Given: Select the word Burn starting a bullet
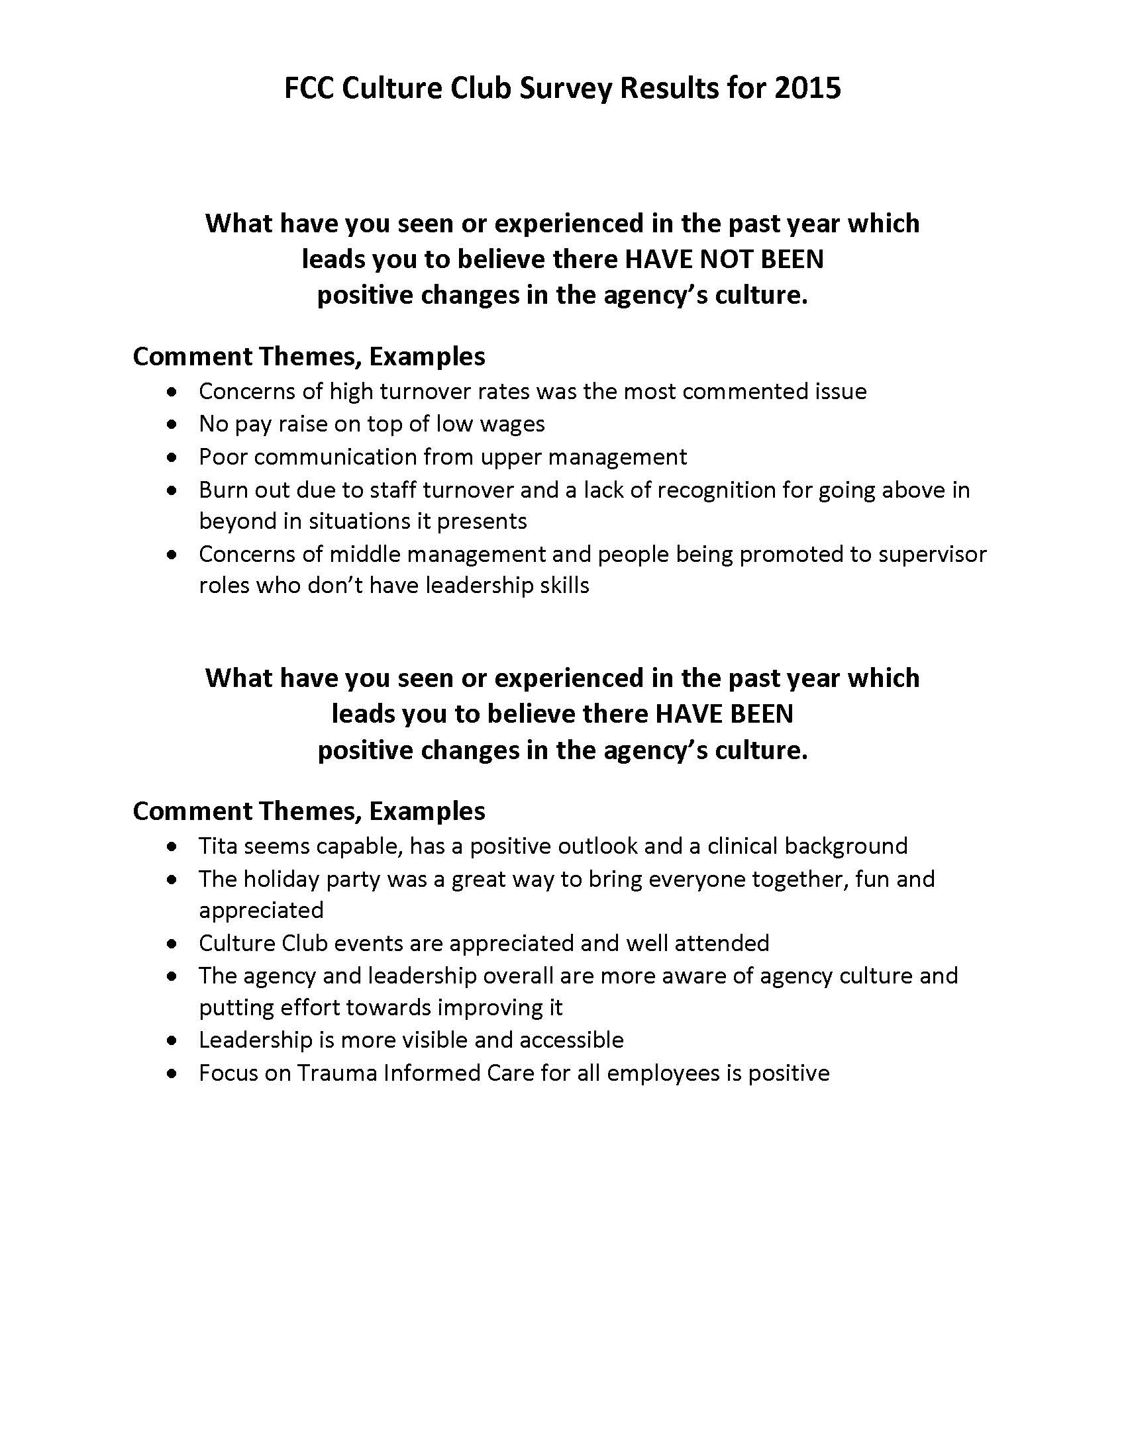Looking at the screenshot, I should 223,490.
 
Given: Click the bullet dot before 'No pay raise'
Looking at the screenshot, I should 174,424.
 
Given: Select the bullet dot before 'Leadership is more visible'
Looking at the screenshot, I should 174,1040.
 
